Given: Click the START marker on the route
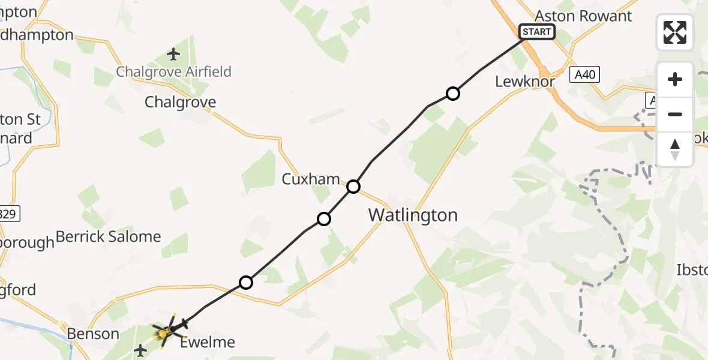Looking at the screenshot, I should (537, 32).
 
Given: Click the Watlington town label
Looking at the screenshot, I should (413, 215).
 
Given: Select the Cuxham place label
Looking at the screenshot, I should (311, 179).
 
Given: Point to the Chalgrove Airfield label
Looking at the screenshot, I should (173, 72).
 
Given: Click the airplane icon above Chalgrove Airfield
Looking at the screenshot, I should (174, 55).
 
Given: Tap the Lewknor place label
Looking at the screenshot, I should (525, 82).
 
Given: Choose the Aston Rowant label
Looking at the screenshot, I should (584, 16).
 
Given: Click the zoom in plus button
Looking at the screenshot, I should (675, 79).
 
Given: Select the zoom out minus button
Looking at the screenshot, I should (675, 114).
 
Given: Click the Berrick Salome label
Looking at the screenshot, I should (109, 236).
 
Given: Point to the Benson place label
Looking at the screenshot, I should (93, 333).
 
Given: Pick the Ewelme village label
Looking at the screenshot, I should (208, 343).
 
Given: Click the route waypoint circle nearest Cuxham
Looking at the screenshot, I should (353, 187).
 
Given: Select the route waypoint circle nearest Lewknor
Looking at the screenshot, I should (453, 94).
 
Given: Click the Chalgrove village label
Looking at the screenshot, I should (180, 102).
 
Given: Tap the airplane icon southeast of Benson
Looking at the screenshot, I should (140, 349).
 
